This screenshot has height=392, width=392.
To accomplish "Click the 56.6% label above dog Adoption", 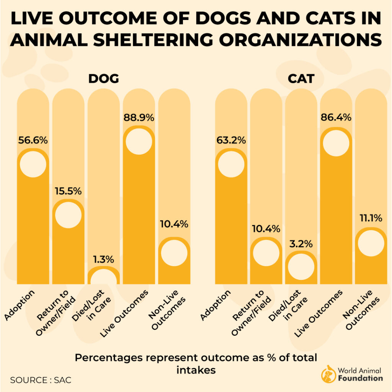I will [x=33, y=140].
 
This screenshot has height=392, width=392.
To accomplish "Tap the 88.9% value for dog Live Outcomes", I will [x=139, y=118].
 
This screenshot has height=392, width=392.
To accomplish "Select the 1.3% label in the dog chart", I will [x=103, y=259].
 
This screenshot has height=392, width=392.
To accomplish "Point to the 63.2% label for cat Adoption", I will [x=231, y=140].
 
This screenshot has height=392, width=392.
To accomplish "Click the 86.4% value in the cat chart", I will [x=336, y=118].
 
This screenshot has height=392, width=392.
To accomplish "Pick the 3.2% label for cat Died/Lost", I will [x=301, y=243].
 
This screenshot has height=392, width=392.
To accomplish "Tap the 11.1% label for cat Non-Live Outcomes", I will [x=371, y=219].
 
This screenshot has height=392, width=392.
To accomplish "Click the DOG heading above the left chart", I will [x=103, y=79].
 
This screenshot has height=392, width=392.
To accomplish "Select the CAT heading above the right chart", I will [x=301, y=79].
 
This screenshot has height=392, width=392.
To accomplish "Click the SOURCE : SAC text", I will [x=41, y=380].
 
